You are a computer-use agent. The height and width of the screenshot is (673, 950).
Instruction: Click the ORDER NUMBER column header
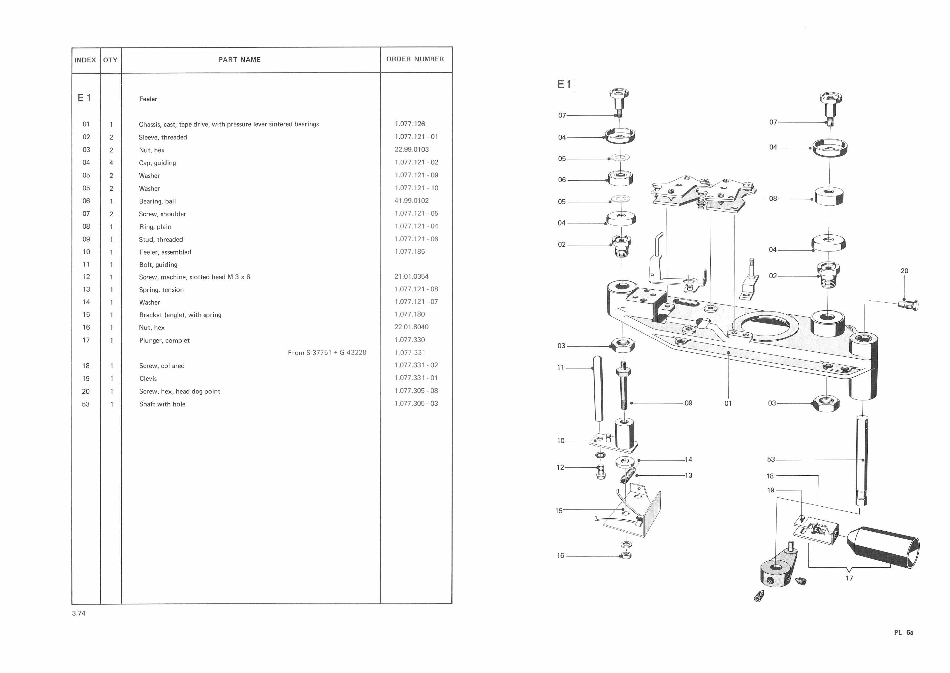(415, 59)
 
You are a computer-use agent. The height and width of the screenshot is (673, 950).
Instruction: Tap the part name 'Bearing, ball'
(157, 201)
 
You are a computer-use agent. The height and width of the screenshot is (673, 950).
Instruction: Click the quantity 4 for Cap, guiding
(111, 163)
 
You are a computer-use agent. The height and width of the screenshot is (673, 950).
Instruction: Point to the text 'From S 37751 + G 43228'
(327, 353)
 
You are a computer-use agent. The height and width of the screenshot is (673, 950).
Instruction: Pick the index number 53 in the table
(86, 404)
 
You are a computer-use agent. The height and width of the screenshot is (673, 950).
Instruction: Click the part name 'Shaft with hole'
(162, 404)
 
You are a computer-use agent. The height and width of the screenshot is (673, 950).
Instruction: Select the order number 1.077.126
(409, 124)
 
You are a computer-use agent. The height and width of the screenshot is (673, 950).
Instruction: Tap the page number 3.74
(79, 613)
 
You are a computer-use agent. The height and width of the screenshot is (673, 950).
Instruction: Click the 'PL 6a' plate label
(903, 633)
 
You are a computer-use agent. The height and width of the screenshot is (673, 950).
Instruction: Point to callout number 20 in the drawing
(904, 271)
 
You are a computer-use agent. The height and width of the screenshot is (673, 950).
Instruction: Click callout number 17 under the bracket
(849, 578)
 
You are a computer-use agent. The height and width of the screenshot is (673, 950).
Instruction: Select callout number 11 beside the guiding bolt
(560, 367)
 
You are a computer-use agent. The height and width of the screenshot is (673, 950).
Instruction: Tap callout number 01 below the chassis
(728, 403)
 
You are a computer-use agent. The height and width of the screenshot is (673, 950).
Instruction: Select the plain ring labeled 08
(829, 196)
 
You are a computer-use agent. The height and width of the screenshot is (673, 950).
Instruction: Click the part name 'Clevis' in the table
(148, 378)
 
